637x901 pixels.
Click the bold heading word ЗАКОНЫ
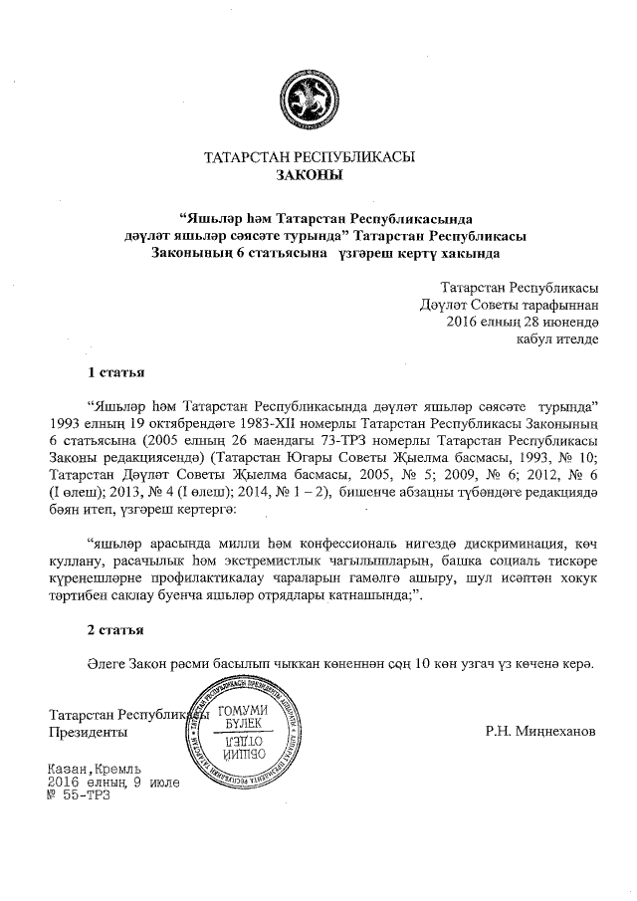[309, 175]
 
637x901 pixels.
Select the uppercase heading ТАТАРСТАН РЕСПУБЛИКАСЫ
[309, 157]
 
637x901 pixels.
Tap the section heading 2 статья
[116, 630]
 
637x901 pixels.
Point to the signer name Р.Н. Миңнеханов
[540, 732]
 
